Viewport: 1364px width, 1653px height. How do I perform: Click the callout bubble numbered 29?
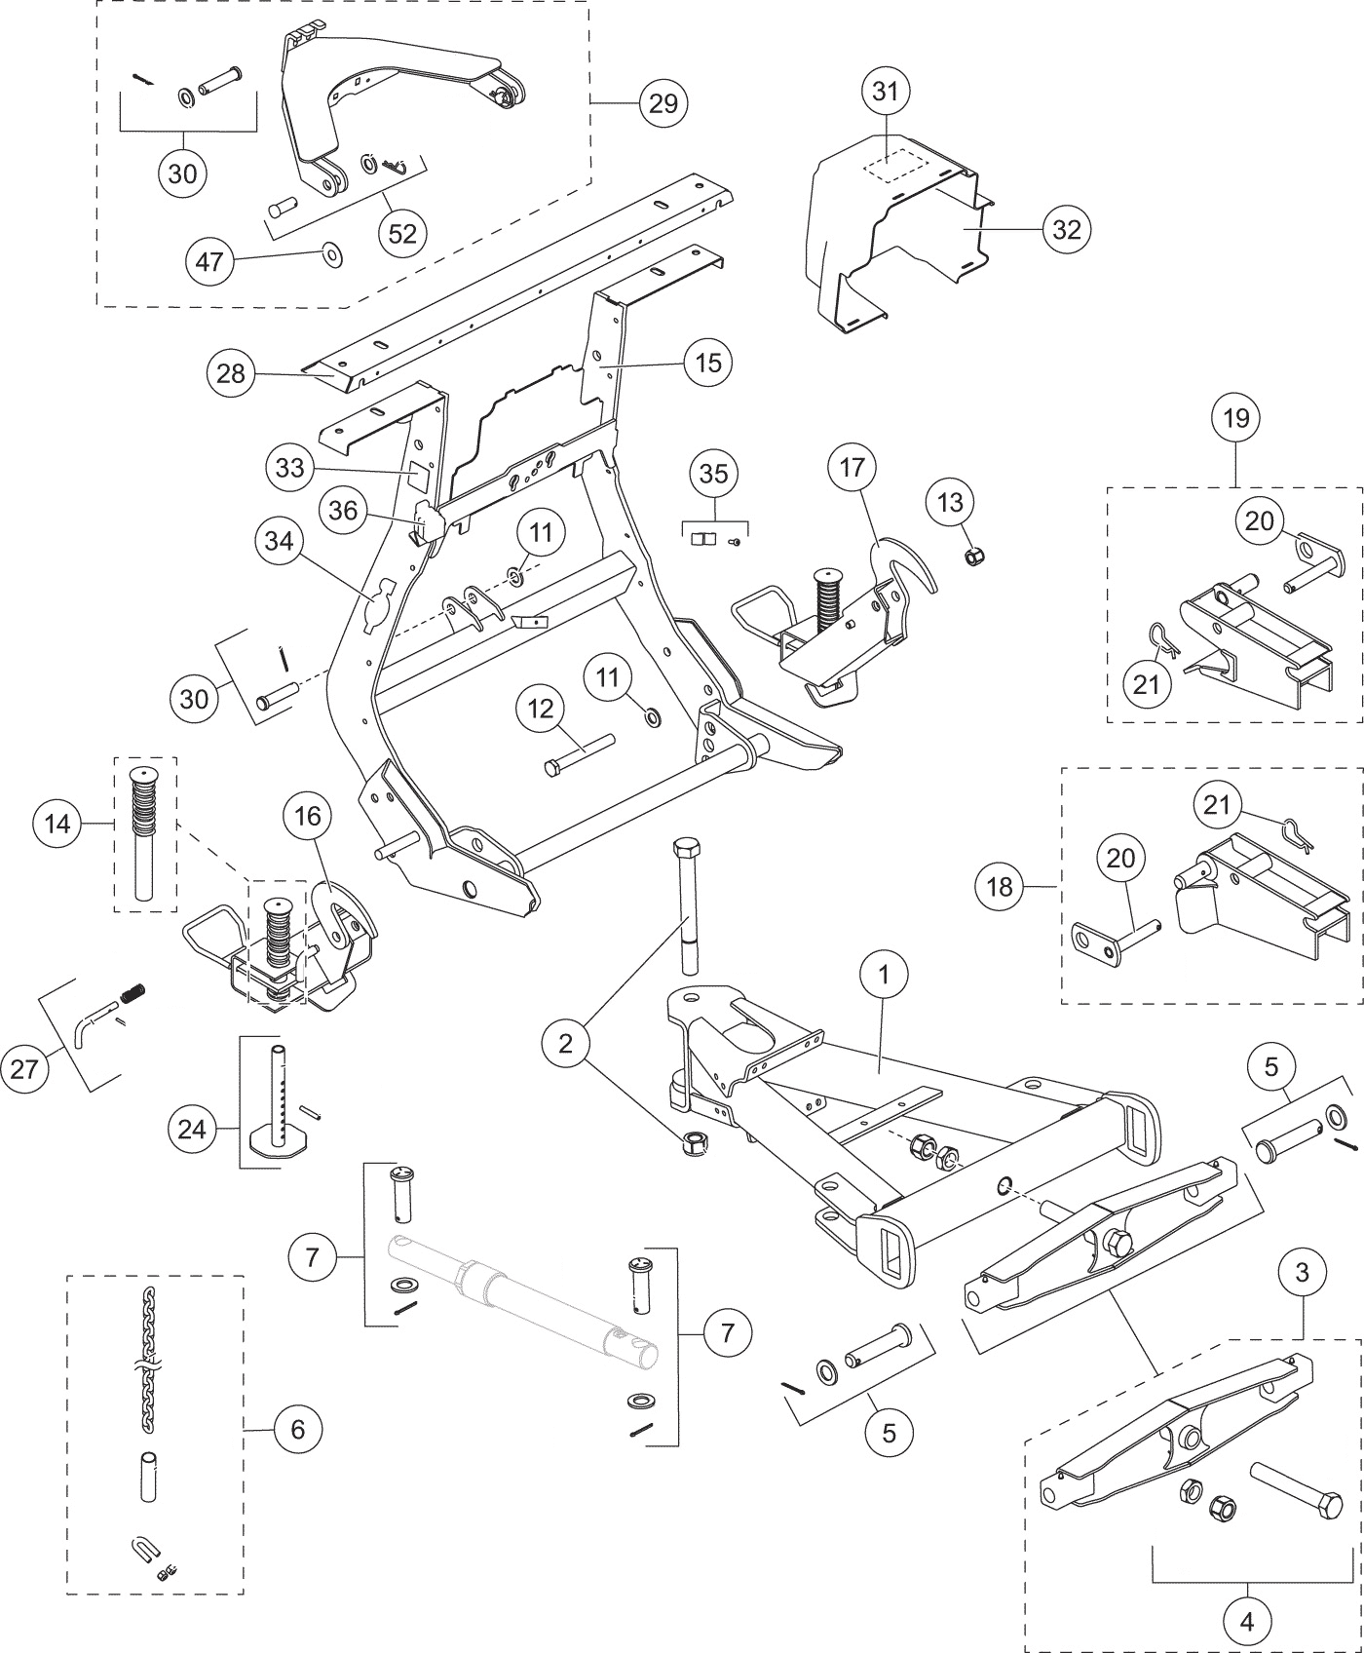click(663, 102)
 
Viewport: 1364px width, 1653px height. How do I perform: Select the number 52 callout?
click(402, 233)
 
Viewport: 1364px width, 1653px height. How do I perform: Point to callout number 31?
click(885, 92)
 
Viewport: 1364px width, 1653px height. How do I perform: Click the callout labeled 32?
click(1067, 229)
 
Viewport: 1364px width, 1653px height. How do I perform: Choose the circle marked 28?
click(231, 373)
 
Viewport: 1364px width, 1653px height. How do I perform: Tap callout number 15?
click(708, 363)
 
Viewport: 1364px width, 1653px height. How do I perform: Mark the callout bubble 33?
click(290, 468)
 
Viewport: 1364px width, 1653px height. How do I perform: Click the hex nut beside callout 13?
click(971, 557)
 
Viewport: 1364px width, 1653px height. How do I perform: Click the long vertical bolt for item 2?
click(686, 905)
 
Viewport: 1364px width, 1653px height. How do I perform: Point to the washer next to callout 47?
click(333, 257)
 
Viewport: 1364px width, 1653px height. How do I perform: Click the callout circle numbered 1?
click(884, 974)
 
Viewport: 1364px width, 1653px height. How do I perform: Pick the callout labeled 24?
click(192, 1130)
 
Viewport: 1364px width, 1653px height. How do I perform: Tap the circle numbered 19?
click(1236, 418)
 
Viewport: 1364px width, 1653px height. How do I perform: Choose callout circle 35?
click(714, 474)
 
